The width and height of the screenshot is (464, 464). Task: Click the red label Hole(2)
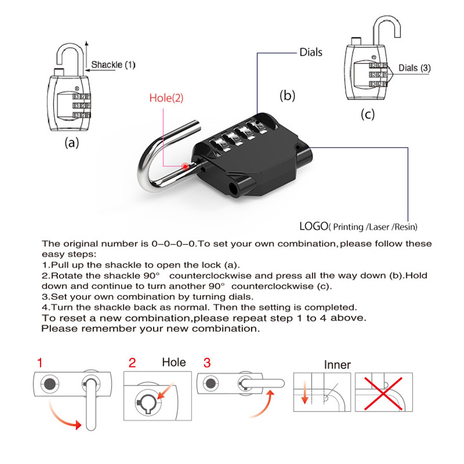(166, 98)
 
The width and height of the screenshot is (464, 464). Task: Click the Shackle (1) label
(113, 65)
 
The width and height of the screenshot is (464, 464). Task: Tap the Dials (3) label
(414, 68)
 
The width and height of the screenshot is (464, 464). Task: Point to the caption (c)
(367, 114)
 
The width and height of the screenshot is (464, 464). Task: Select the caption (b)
(287, 95)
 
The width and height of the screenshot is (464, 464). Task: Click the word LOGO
(313, 227)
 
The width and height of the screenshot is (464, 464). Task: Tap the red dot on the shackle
(185, 165)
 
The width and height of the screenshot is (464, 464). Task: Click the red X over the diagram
(382, 392)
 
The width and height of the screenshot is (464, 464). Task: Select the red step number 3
(207, 362)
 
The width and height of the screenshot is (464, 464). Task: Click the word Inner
(337, 365)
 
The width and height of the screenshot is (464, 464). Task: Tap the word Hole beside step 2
(173, 362)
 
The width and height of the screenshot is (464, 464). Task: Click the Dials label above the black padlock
(311, 52)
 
